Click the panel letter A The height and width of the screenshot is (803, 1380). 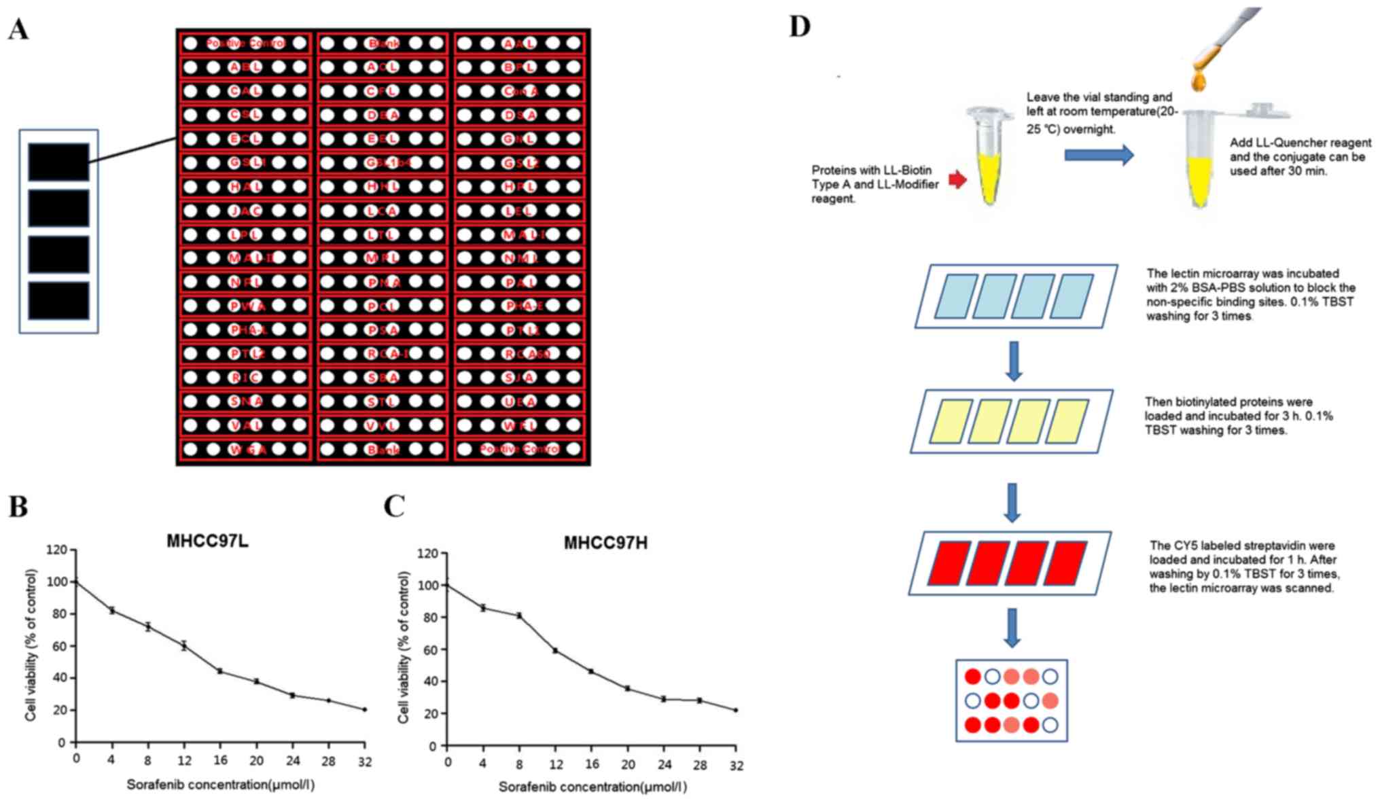tap(18, 29)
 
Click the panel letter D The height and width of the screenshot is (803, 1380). tap(800, 26)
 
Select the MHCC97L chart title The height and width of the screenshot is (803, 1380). tap(207, 541)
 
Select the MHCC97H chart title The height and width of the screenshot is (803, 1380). tap(605, 543)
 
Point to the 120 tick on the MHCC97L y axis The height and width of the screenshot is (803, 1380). tap(57, 550)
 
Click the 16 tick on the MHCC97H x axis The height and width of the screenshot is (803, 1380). tap(592, 764)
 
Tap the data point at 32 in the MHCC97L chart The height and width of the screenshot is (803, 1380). tap(365, 709)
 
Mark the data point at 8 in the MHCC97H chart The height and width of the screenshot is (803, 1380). tap(519, 615)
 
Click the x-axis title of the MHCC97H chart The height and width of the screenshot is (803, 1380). tap(592, 787)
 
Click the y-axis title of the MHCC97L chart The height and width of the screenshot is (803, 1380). tap(31, 645)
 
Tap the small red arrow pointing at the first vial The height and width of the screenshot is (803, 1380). tap(957, 180)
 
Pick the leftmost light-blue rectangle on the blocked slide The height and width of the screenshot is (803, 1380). tap(955, 296)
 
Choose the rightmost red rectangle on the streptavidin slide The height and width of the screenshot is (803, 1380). tap(1065, 563)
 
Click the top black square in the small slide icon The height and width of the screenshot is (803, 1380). tap(58, 162)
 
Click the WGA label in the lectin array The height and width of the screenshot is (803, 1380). tap(246, 450)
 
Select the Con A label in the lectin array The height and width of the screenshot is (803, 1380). tap(520, 92)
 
